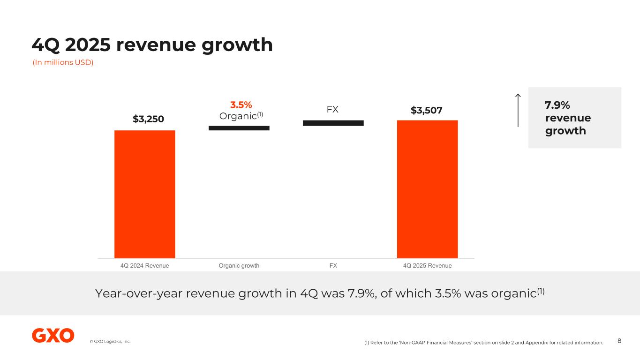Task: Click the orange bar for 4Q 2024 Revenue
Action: click(x=144, y=194)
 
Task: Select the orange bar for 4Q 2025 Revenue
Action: click(x=427, y=189)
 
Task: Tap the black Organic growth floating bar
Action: click(x=239, y=127)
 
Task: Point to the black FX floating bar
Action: click(x=333, y=123)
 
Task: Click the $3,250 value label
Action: click(x=148, y=119)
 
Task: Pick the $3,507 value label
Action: click(x=427, y=110)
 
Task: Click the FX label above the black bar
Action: click(x=332, y=110)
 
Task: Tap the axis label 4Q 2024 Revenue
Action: click(x=144, y=266)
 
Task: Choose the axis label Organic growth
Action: click(x=239, y=266)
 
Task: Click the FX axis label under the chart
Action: click(x=333, y=266)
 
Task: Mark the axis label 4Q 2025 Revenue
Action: click(x=427, y=266)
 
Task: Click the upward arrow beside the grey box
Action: click(x=518, y=111)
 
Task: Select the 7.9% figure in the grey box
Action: click(x=557, y=105)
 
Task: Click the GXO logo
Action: click(x=53, y=336)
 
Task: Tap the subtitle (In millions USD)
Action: click(x=63, y=62)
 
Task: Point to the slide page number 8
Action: click(x=619, y=341)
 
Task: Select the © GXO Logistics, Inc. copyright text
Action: click(x=110, y=341)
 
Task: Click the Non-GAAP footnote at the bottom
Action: click(x=483, y=343)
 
